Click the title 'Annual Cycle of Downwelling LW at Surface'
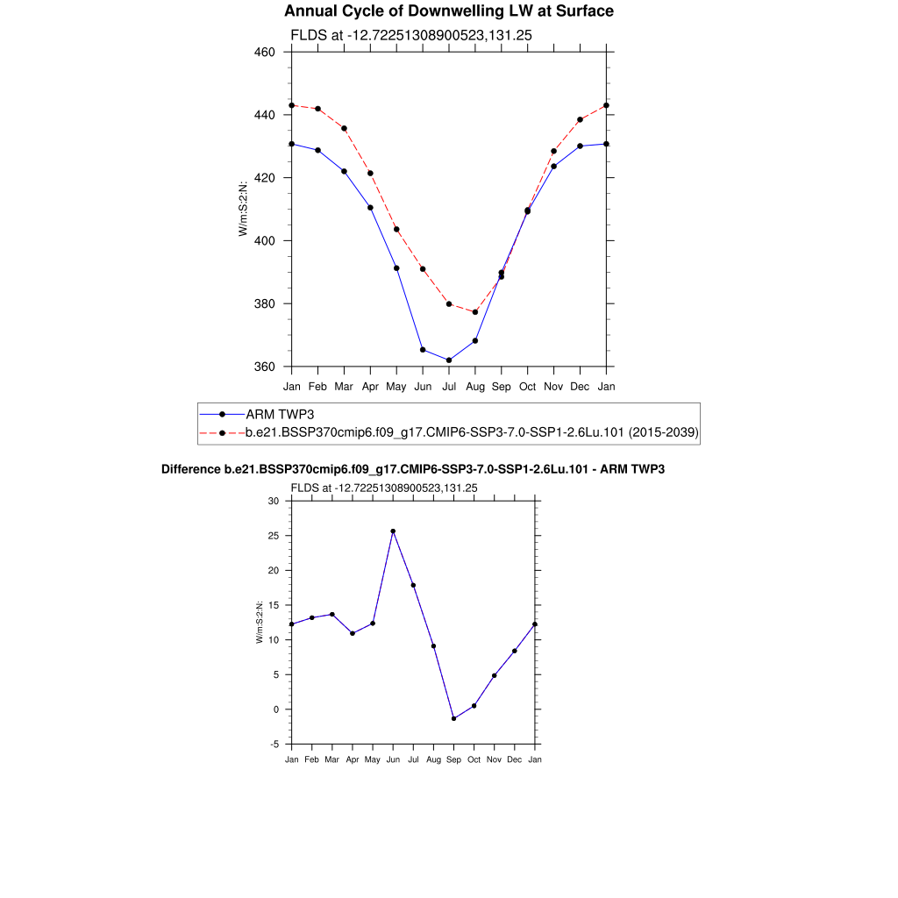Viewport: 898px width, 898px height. pos(449,11)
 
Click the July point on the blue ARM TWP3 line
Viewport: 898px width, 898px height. pos(449,360)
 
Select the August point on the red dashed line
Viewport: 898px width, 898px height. pos(475,312)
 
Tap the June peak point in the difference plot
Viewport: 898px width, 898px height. pos(393,531)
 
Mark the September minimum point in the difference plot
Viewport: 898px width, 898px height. pos(453,719)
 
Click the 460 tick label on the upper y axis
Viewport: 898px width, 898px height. pos(265,52)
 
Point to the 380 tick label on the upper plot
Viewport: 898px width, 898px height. pos(265,304)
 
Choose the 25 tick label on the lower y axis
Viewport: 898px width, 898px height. pos(273,536)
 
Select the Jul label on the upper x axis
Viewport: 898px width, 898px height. pos(449,386)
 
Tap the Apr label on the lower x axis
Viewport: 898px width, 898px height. pos(353,759)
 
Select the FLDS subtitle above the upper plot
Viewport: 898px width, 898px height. pos(411,35)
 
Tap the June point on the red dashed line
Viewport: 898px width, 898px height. pos(423,269)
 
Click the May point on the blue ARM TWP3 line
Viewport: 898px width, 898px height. pos(396,268)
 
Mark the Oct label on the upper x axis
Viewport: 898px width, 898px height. pos(527,386)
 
